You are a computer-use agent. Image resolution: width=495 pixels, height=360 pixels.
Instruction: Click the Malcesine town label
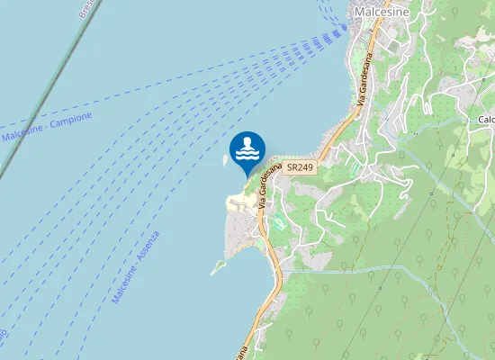point(382,12)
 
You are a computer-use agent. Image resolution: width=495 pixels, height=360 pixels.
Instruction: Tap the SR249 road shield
point(300,168)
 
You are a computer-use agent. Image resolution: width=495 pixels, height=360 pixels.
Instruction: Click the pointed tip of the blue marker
point(247,176)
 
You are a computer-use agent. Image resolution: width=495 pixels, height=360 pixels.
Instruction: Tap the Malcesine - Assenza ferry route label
point(136,266)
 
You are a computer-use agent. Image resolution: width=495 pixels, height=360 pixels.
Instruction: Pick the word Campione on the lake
point(72,121)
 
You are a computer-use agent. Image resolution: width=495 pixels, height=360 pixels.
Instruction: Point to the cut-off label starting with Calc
point(486,120)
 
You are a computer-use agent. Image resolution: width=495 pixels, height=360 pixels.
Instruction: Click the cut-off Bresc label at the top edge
point(86,9)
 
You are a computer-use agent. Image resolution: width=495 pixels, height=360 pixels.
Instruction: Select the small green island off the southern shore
point(217,267)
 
